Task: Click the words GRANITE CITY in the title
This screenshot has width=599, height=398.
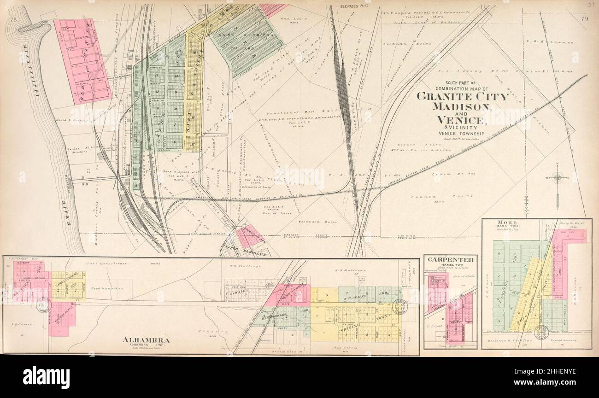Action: pos(462,97)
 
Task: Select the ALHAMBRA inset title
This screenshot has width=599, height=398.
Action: pos(146,340)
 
